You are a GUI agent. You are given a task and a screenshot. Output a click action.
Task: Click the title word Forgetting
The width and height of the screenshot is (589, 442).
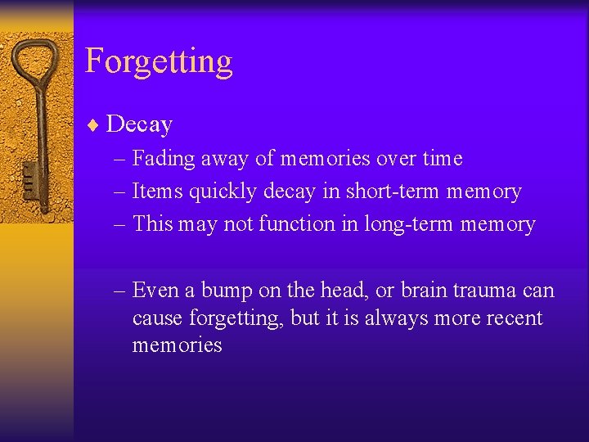[159, 62]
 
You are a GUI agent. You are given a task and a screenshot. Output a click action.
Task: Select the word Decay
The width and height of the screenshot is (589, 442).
[139, 124]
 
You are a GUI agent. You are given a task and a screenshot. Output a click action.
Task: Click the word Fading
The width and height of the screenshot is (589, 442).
[161, 159]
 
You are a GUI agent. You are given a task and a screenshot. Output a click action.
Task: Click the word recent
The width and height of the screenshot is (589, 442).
[514, 318]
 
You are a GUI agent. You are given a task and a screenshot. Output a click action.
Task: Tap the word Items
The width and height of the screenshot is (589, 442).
[159, 192]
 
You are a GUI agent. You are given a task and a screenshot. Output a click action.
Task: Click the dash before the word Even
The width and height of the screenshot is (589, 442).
[120, 291]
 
